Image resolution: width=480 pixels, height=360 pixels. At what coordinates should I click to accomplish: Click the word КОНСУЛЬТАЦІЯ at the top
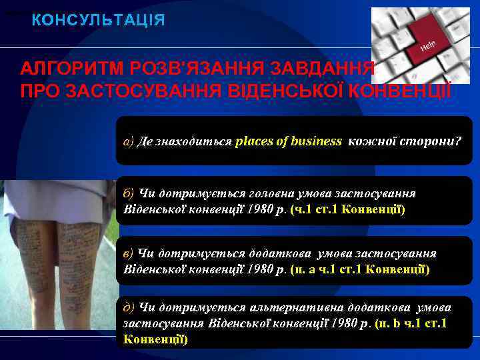(x=99, y=20)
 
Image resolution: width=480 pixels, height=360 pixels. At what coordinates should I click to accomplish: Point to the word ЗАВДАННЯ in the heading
(x=337, y=68)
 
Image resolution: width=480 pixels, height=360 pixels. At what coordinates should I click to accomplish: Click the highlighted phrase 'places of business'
(x=289, y=141)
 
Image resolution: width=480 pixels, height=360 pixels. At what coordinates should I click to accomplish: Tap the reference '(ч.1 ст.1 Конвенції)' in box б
(x=347, y=209)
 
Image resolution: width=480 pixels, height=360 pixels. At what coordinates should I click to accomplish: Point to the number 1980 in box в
(x=260, y=269)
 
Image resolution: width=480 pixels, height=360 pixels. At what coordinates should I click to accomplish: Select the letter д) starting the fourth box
(x=129, y=307)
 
